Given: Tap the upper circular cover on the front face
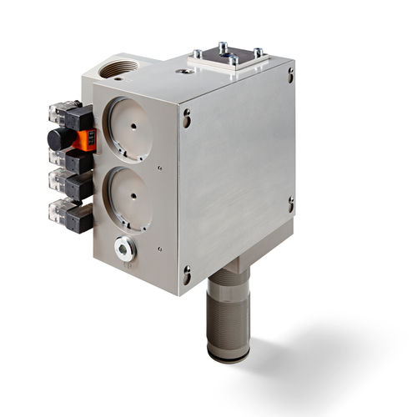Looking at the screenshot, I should point(131,129).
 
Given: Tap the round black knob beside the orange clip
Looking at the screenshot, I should point(57,138).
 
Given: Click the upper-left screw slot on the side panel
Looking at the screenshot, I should point(186,117).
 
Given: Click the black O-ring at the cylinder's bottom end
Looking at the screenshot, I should point(228,356).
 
